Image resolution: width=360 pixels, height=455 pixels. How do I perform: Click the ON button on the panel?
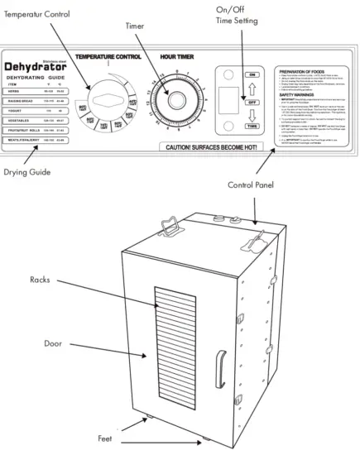tap(228, 74)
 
